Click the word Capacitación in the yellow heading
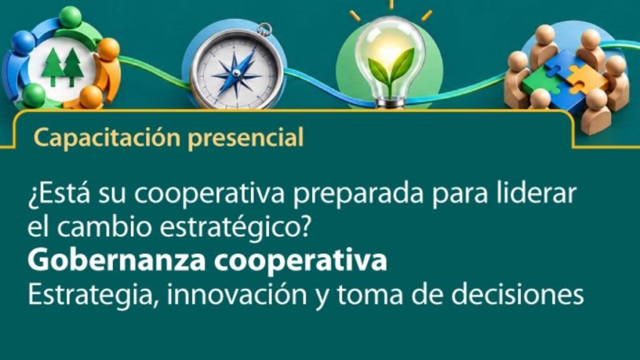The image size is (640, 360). point(107,137)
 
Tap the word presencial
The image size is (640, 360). point(246,138)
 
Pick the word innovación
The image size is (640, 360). point(237,295)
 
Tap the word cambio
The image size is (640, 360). point(104,227)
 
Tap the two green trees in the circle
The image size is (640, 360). point(62,67)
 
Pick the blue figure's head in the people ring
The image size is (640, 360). point(23,42)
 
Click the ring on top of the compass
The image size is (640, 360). point(264,29)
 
